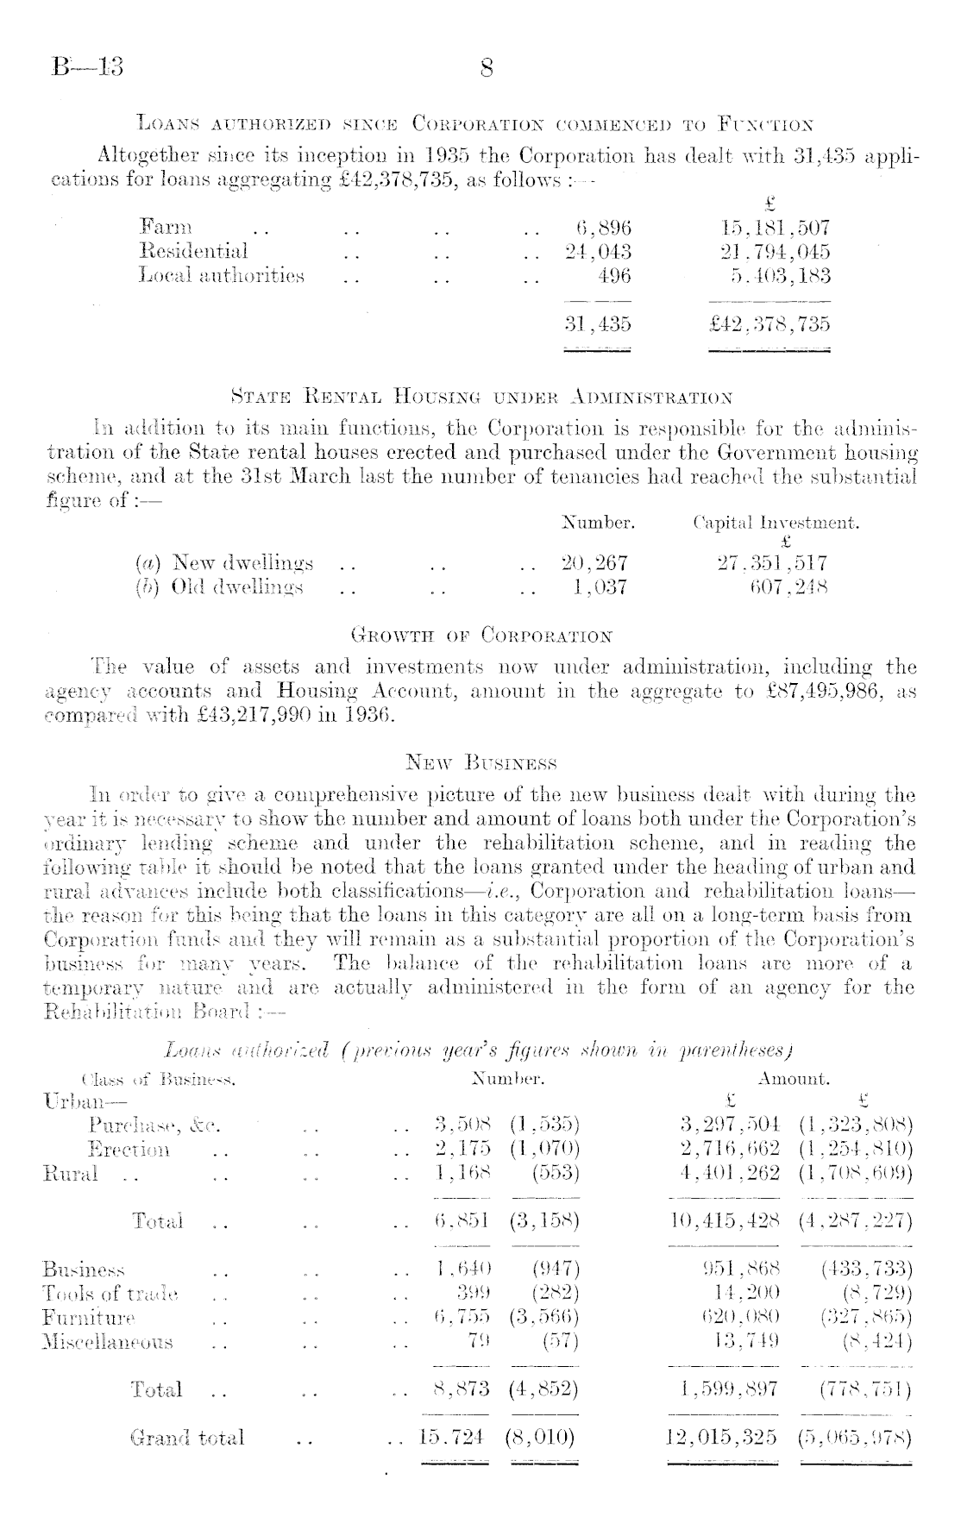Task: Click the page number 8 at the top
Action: tap(486, 68)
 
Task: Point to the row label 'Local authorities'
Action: tap(222, 276)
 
